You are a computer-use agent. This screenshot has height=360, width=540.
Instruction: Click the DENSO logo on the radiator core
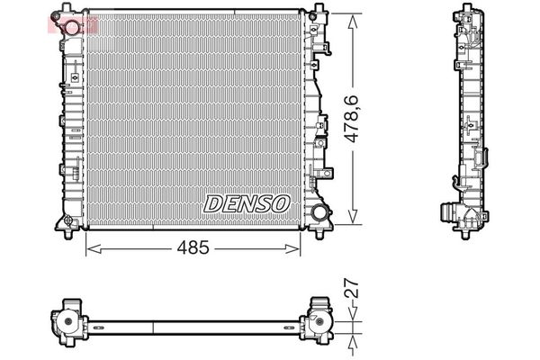[247, 203]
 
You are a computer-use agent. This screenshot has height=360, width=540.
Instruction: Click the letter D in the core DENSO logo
[212, 204]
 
